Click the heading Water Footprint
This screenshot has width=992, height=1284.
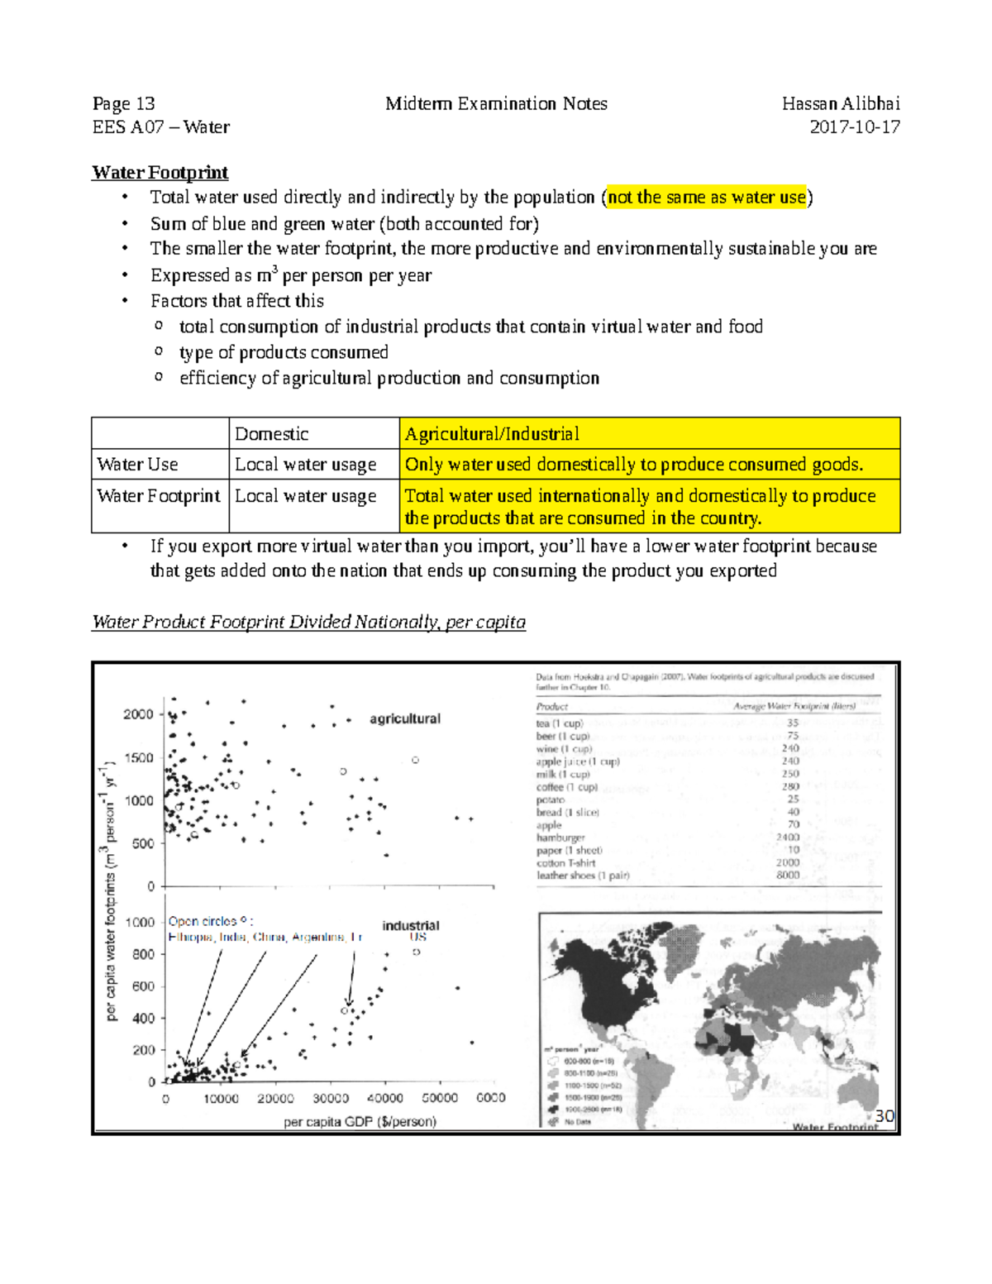click(160, 173)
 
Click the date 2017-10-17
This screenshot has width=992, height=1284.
click(854, 127)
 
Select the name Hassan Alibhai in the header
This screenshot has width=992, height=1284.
click(840, 104)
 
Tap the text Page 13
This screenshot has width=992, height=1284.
click(123, 104)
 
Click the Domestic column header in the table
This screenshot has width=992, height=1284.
click(271, 434)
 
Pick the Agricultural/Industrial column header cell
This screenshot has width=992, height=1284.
click(492, 434)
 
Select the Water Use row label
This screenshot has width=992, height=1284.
click(137, 465)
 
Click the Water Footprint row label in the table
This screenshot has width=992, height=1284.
click(158, 496)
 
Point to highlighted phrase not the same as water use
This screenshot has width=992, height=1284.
click(706, 198)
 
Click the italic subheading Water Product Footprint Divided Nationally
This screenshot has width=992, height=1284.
click(308, 623)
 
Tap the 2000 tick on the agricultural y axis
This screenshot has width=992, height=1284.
click(139, 714)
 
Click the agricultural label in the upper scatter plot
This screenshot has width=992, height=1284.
click(404, 719)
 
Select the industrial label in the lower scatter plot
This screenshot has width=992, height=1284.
click(410, 926)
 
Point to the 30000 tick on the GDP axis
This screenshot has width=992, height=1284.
click(330, 1099)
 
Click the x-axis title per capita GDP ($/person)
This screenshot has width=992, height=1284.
click(360, 1122)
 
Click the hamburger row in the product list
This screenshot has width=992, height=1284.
click(560, 838)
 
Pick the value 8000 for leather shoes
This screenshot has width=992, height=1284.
click(787, 875)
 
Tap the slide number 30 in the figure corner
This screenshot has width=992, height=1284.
click(884, 1116)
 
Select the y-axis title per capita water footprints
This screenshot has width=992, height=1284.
click(110, 893)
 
